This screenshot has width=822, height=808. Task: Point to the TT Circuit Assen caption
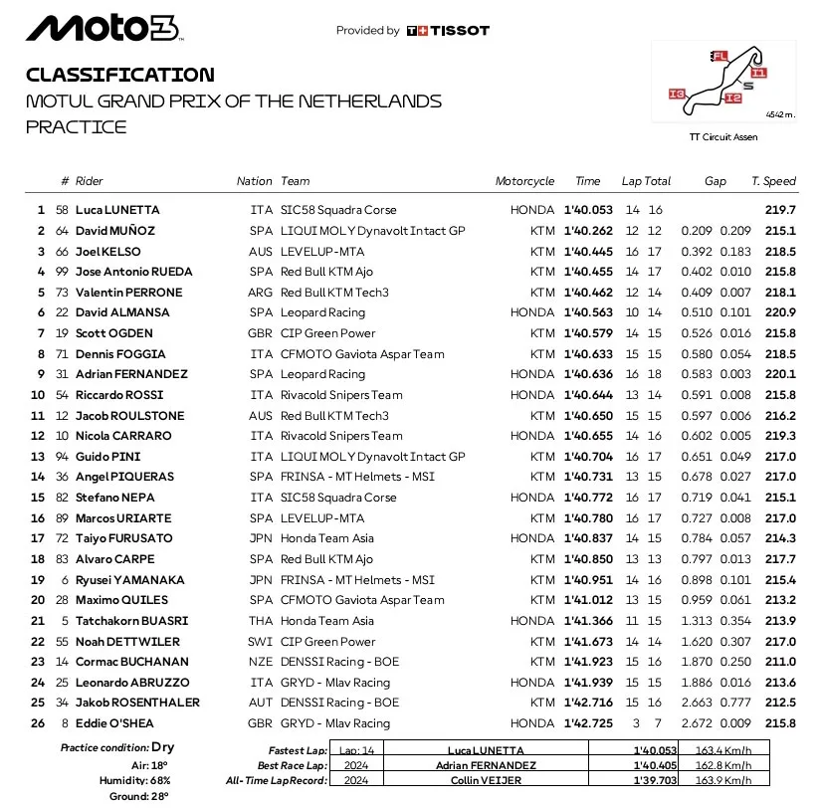723,137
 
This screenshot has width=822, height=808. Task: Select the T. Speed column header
773,181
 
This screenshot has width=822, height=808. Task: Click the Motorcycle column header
524,181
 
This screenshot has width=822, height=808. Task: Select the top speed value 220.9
779,312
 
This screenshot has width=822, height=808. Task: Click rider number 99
65,272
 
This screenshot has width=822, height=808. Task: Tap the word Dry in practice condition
164,747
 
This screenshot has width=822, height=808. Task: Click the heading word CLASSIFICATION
119,75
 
